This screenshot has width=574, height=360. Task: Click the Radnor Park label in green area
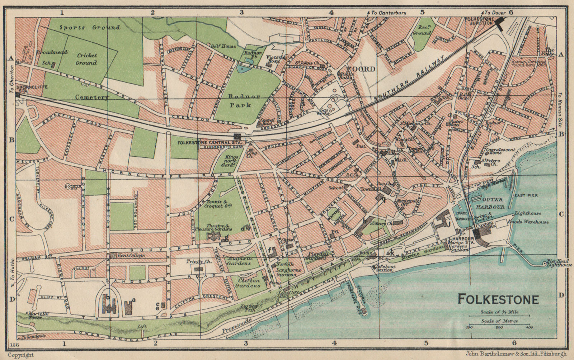240,100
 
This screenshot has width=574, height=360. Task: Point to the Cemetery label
92,97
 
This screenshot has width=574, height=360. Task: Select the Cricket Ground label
86,59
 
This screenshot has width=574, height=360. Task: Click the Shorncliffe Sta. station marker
18,94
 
